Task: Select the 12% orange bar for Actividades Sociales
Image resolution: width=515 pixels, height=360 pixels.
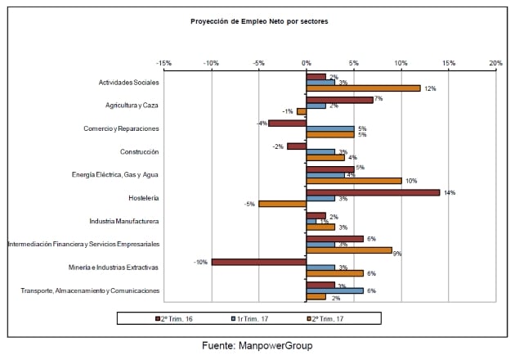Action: [x=363, y=88]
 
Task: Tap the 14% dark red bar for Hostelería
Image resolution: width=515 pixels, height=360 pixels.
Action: [x=373, y=192]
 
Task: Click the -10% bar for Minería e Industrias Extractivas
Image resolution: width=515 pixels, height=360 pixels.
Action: [x=258, y=262]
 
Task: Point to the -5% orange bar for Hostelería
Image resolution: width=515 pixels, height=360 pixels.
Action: [x=282, y=204]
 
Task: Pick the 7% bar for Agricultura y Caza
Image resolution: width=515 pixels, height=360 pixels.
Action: [x=339, y=100]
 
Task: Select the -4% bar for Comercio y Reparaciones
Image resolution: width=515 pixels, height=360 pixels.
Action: [x=287, y=123]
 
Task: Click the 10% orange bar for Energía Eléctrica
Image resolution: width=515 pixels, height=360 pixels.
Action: [x=353, y=181]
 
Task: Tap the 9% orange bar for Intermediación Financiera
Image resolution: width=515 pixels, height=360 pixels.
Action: [x=348, y=250]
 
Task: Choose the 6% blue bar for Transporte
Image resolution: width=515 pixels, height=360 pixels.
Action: [x=334, y=290]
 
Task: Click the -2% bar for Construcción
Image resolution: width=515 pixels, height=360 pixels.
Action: [x=296, y=146]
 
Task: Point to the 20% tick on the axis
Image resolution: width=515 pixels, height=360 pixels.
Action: [x=495, y=62]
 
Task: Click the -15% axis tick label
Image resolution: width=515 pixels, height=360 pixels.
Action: [x=163, y=62]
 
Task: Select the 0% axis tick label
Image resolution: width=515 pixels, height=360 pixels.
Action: [x=305, y=62]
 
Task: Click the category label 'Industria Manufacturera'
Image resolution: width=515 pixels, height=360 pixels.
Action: [x=123, y=221]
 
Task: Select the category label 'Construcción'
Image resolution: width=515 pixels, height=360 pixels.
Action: [x=139, y=151]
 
